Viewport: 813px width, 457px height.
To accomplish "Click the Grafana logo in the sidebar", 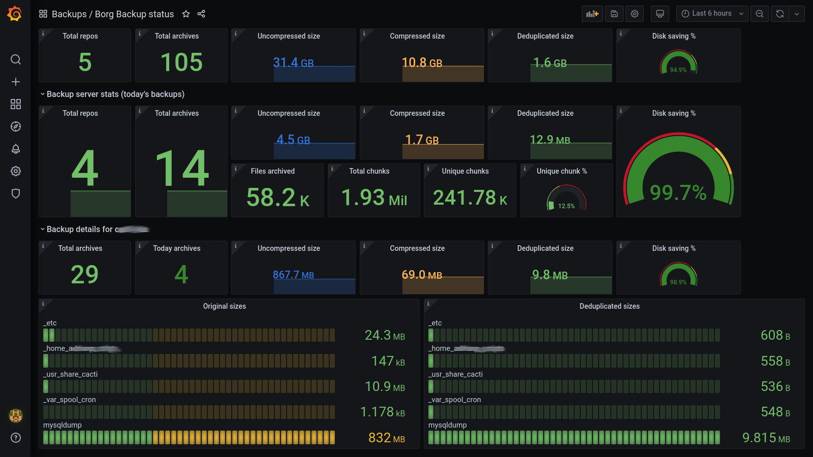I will click(x=15, y=14).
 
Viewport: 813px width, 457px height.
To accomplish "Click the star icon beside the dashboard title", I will click(x=186, y=14).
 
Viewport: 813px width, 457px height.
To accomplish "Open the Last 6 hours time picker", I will click(x=712, y=14).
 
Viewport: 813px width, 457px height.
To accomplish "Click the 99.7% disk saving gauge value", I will click(x=678, y=193).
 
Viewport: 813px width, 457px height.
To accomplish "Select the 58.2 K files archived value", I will click(x=277, y=198).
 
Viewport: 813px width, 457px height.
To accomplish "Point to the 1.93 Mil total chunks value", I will click(x=374, y=198).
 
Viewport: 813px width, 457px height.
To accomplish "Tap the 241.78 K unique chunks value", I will click(x=470, y=198).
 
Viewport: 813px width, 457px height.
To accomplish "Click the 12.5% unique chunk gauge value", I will click(x=566, y=206).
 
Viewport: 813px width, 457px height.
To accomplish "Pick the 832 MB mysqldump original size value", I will click(x=386, y=438).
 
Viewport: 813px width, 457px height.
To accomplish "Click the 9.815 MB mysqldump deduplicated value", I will click(x=766, y=438).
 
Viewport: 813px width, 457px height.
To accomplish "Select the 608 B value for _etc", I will click(x=775, y=335).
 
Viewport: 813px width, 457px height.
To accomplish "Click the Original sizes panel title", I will click(x=225, y=306).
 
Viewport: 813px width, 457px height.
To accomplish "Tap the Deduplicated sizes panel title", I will click(x=609, y=306).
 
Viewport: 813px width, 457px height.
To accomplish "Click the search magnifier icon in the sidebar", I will click(x=16, y=59).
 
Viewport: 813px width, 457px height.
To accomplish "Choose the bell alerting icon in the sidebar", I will click(x=16, y=149).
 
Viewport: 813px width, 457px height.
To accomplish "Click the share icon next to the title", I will click(x=201, y=14).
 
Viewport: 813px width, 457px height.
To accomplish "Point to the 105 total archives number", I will click(x=181, y=62).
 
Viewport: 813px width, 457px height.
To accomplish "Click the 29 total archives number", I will click(x=84, y=275).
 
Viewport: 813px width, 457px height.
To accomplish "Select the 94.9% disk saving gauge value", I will click(x=678, y=70).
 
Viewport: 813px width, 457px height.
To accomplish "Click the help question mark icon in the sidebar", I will click(x=16, y=438).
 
